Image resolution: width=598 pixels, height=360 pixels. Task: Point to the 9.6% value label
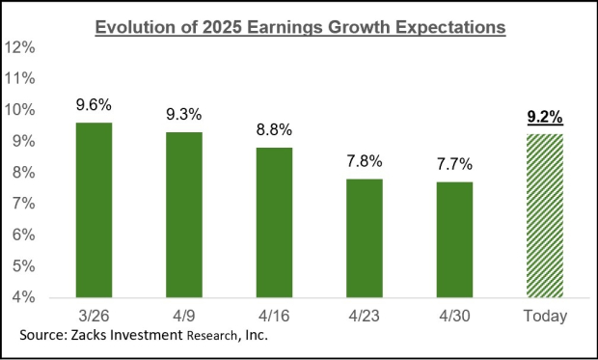tap(94, 101)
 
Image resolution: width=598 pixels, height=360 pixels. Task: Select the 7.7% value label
tap(455, 161)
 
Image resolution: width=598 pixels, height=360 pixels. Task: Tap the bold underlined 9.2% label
tap(545, 118)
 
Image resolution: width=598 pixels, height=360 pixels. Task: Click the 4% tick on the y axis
tap(23, 296)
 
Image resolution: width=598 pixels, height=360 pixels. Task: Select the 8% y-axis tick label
tap(23, 172)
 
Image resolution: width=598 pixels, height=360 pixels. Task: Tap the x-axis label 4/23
tap(365, 316)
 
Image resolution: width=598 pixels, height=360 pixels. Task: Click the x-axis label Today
tap(545, 316)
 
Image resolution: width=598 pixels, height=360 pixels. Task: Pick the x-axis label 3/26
tap(94, 316)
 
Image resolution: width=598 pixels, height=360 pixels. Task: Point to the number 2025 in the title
tap(225, 27)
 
